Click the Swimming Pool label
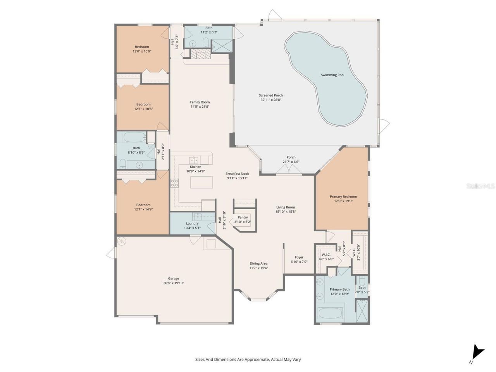tap(332, 75)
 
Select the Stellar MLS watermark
tap(480, 186)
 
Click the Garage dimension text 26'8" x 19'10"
tap(173, 283)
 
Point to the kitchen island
tap(201, 182)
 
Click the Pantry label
tap(243, 217)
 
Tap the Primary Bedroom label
tap(343, 196)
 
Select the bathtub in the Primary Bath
tap(331, 313)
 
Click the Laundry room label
tap(192, 223)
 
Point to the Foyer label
tap(299, 257)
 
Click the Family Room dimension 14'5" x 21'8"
tap(200, 107)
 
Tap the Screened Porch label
tap(271, 95)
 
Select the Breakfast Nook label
tap(237, 174)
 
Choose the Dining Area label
tap(258, 263)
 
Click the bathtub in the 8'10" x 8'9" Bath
tap(134, 137)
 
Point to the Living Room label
tap(285, 207)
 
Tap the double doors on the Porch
tap(289, 170)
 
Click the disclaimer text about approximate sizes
tap(248, 359)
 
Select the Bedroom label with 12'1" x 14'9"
tap(143, 205)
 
